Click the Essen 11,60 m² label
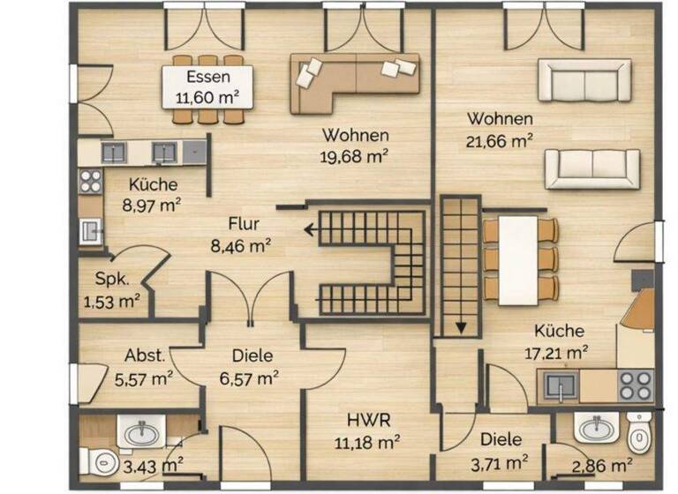point(208,86)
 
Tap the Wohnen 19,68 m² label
point(355,146)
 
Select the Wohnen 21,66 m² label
point(500,128)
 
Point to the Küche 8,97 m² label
point(154,195)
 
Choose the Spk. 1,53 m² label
point(112,291)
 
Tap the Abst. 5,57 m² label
point(144,367)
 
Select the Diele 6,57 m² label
point(249,367)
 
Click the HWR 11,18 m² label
point(371,430)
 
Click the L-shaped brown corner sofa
point(353,81)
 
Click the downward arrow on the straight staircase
point(460,328)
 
